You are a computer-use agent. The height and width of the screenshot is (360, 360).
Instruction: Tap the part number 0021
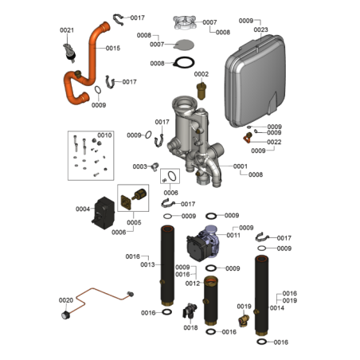tap(67, 30)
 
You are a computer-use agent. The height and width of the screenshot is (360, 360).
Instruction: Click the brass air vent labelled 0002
tap(202, 91)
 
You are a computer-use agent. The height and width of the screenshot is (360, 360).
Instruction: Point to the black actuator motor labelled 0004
tap(104, 213)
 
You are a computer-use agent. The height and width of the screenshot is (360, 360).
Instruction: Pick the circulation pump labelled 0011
tap(203, 242)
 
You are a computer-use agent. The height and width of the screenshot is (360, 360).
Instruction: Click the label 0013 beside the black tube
tap(147, 264)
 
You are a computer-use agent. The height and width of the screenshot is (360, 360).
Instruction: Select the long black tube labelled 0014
tap(261, 295)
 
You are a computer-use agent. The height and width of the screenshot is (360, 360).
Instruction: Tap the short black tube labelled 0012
tap(211, 300)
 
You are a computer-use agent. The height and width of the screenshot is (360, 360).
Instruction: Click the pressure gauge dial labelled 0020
tap(65, 315)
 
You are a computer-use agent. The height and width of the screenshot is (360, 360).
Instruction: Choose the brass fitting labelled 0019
tap(244, 320)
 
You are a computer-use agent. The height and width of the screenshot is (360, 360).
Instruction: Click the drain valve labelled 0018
tap(190, 311)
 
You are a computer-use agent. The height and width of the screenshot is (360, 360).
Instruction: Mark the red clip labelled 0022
tap(247, 138)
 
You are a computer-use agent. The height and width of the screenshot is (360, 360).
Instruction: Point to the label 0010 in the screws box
tap(104, 135)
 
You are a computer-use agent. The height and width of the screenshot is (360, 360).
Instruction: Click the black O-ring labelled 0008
tap(183, 63)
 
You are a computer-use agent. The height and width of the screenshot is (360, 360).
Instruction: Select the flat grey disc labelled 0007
tap(184, 45)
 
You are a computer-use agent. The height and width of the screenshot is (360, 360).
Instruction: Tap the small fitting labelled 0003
tap(155, 166)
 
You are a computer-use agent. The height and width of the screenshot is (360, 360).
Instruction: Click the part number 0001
tap(241, 166)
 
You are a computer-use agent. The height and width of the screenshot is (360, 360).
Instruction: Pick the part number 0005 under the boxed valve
tap(134, 222)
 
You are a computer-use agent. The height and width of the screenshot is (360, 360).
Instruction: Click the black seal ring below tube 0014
tap(262, 342)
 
